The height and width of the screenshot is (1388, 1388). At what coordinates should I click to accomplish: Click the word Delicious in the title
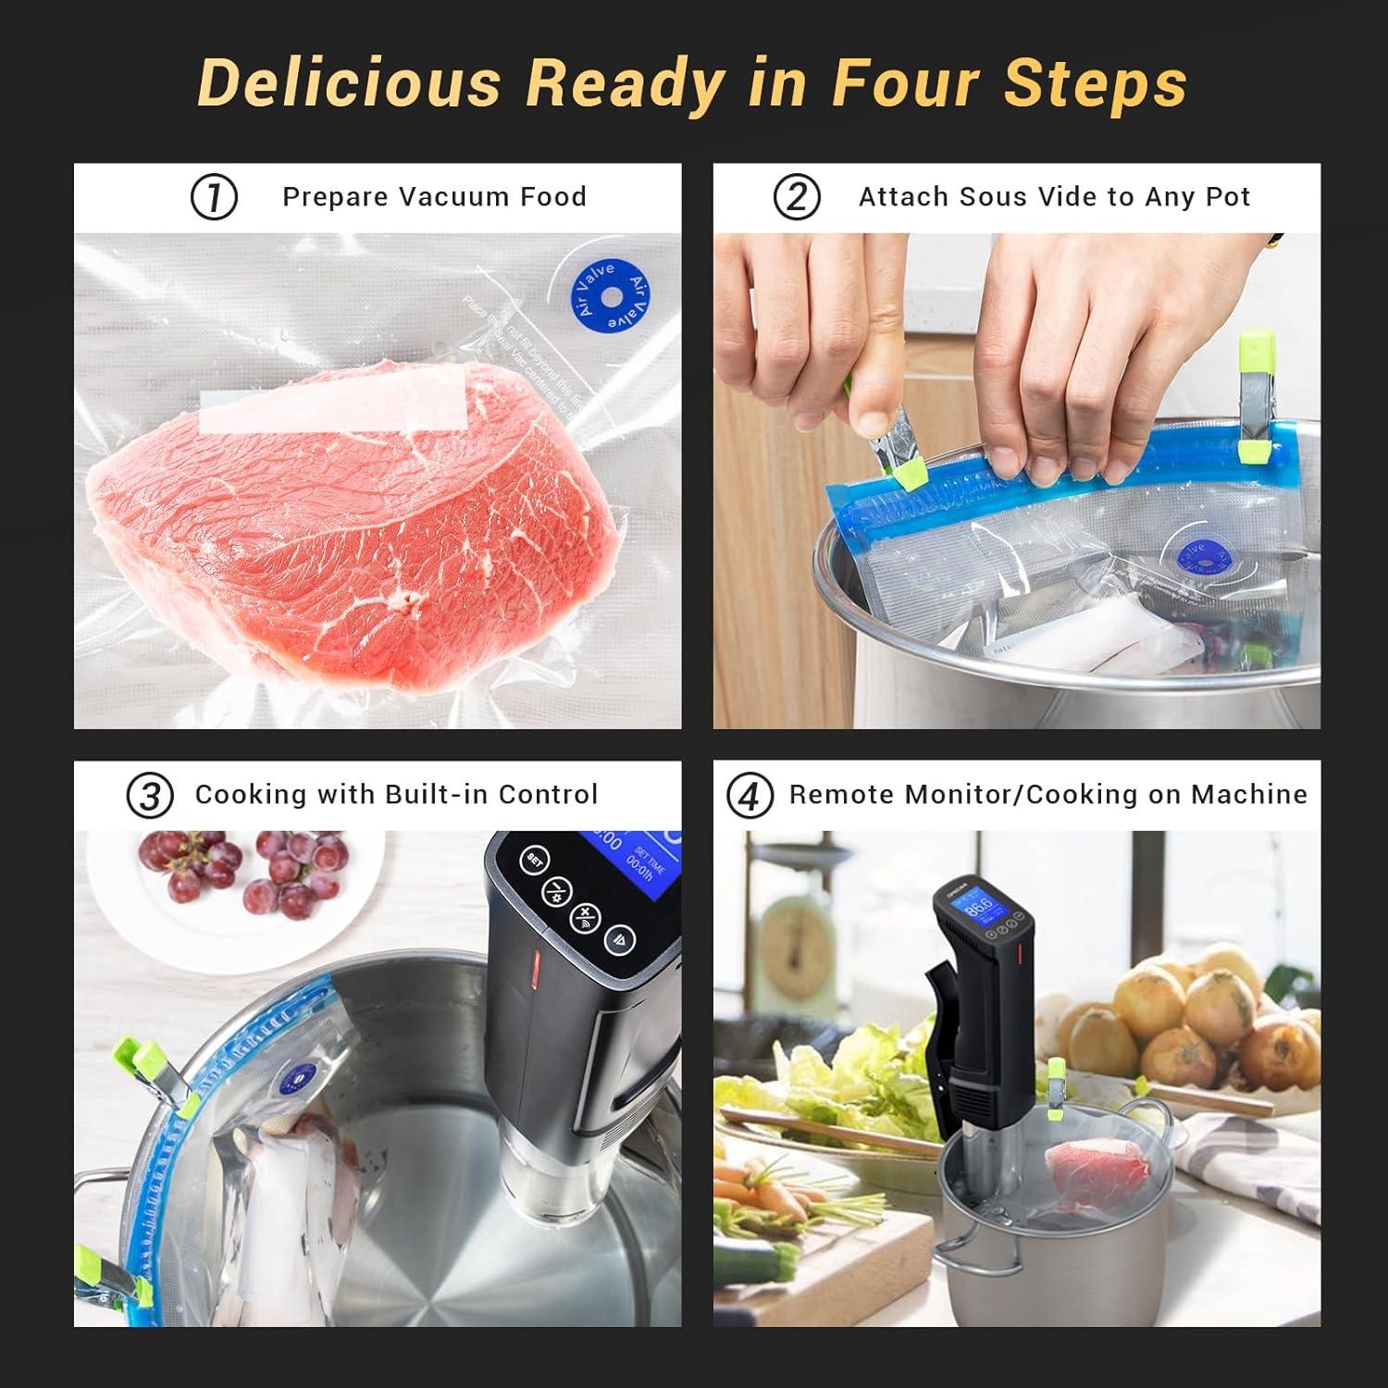pyautogui.click(x=349, y=83)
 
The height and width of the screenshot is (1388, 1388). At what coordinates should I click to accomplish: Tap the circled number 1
pyautogui.click(x=214, y=197)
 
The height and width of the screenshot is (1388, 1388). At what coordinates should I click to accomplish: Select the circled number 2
pyautogui.click(x=797, y=197)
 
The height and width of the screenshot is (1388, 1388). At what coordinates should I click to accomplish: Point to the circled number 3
pyautogui.click(x=150, y=796)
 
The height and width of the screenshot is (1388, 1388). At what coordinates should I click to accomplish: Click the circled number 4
pyautogui.click(x=750, y=796)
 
